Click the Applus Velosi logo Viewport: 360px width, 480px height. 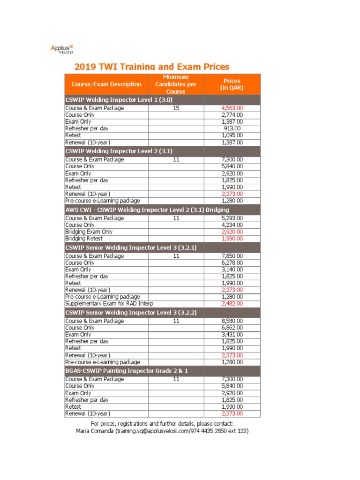pyautogui.click(x=62, y=49)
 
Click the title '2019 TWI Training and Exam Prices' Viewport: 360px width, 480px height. pyautogui.click(x=152, y=67)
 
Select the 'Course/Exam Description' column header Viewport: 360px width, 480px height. pyautogui.click(x=106, y=84)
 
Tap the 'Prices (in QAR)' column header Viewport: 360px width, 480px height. pyautogui.click(x=232, y=84)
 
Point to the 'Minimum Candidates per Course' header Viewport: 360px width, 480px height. pyautogui.click(x=176, y=84)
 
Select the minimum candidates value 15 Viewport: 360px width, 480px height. pyautogui.click(x=176, y=108)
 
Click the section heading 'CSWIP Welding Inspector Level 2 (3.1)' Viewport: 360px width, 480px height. pyautogui.click(x=119, y=151)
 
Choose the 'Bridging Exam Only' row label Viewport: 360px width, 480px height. pyautogui.click(x=89, y=232)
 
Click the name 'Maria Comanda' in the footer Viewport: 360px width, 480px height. pyautogui.click(x=95, y=431)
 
